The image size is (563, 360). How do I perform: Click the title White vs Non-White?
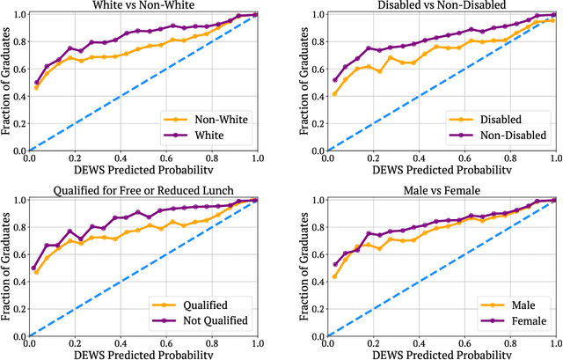point(142,5)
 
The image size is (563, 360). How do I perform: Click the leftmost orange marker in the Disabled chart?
point(334,93)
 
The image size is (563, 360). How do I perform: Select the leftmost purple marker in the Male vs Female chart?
point(334,263)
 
